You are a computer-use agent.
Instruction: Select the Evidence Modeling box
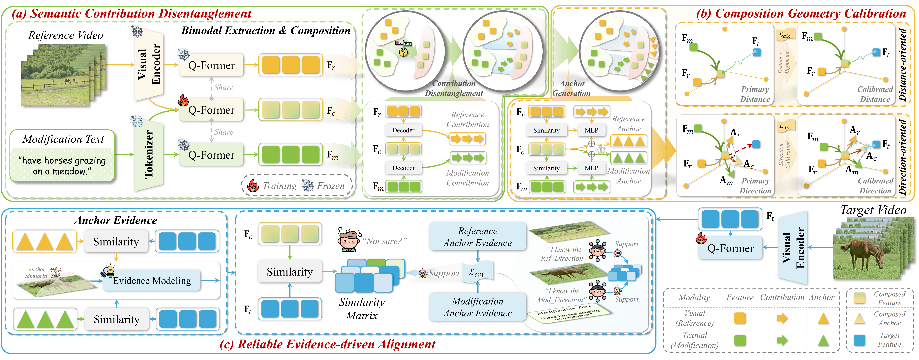click(152, 281)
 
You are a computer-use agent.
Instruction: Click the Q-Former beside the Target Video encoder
click(730, 248)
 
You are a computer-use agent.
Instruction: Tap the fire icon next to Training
click(253, 186)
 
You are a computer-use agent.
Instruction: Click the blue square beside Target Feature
click(859, 340)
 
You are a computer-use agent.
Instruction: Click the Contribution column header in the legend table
click(782, 297)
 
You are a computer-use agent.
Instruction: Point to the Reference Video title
click(66, 35)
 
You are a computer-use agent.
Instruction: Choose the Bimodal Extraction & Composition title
click(266, 31)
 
